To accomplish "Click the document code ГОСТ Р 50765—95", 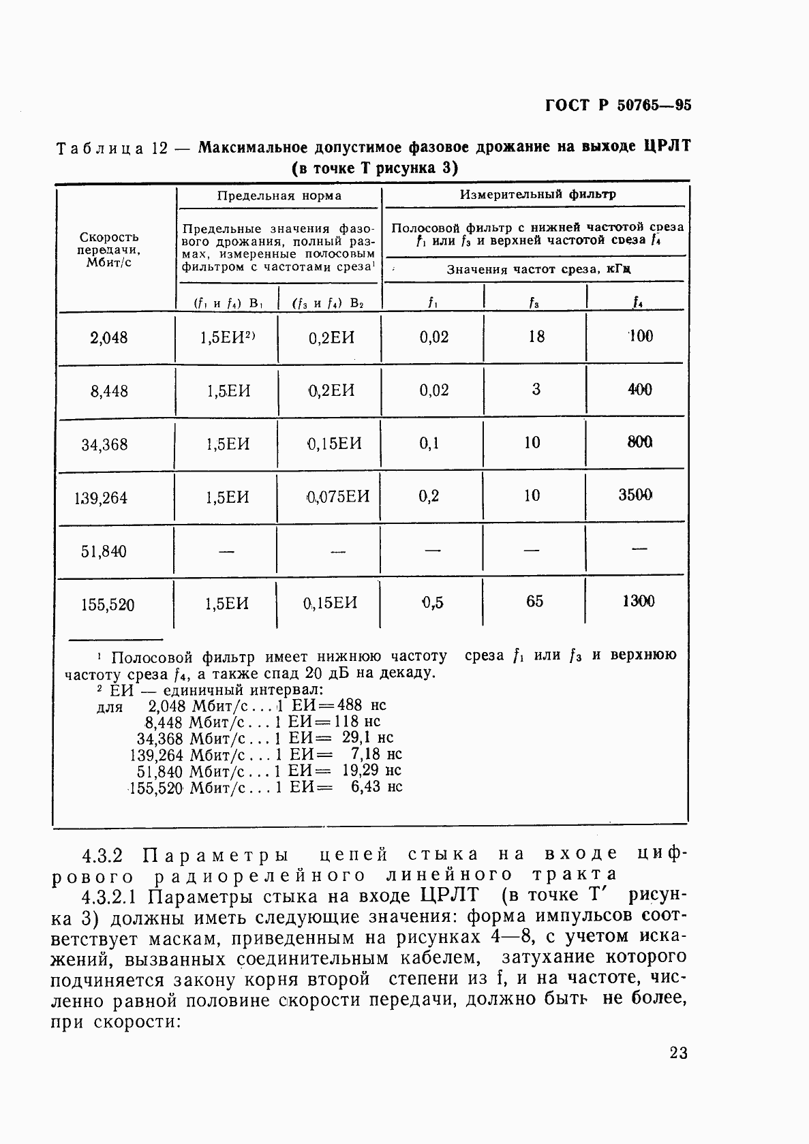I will pyautogui.click(x=618, y=105).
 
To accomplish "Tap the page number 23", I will pyautogui.click(x=678, y=1053).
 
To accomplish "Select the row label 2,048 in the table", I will pyautogui.click(x=109, y=337).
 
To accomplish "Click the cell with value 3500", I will pyautogui.click(x=635, y=495).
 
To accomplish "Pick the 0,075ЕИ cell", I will pyautogui.click(x=338, y=497).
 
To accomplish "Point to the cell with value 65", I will pyautogui.click(x=535, y=602).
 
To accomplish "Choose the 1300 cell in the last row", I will pyautogui.click(x=639, y=601).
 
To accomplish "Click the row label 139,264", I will pyautogui.click(x=101, y=498).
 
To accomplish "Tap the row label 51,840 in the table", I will pyautogui.click(x=104, y=551).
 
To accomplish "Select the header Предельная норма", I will pyautogui.click(x=279, y=196).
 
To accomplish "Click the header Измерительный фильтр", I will pyautogui.click(x=538, y=194).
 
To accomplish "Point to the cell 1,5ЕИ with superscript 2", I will pyautogui.click(x=228, y=337).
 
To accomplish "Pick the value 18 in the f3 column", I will pyautogui.click(x=536, y=336).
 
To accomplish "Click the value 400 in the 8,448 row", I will pyautogui.click(x=639, y=390).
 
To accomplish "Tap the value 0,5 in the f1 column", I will pyautogui.click(x=432, y=602).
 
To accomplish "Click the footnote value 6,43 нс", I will pyautogui.click(x=372, y=787).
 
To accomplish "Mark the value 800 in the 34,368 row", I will pyautogui.click(x=639, y=443).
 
